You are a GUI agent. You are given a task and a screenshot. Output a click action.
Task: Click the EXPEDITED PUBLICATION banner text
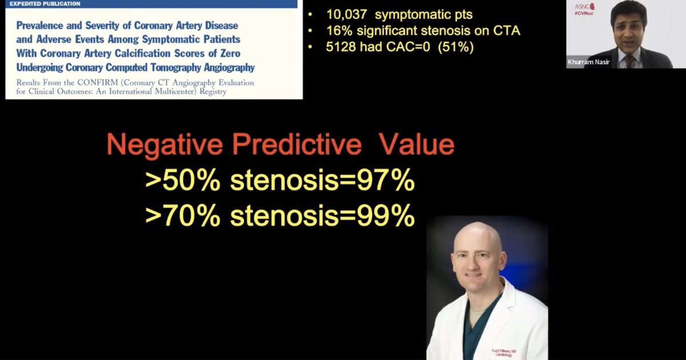[x=45, y=3]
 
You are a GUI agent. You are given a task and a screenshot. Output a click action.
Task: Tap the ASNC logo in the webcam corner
[x=584, y=7]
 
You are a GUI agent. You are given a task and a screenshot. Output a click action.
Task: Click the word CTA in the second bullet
[x=508, y=31]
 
